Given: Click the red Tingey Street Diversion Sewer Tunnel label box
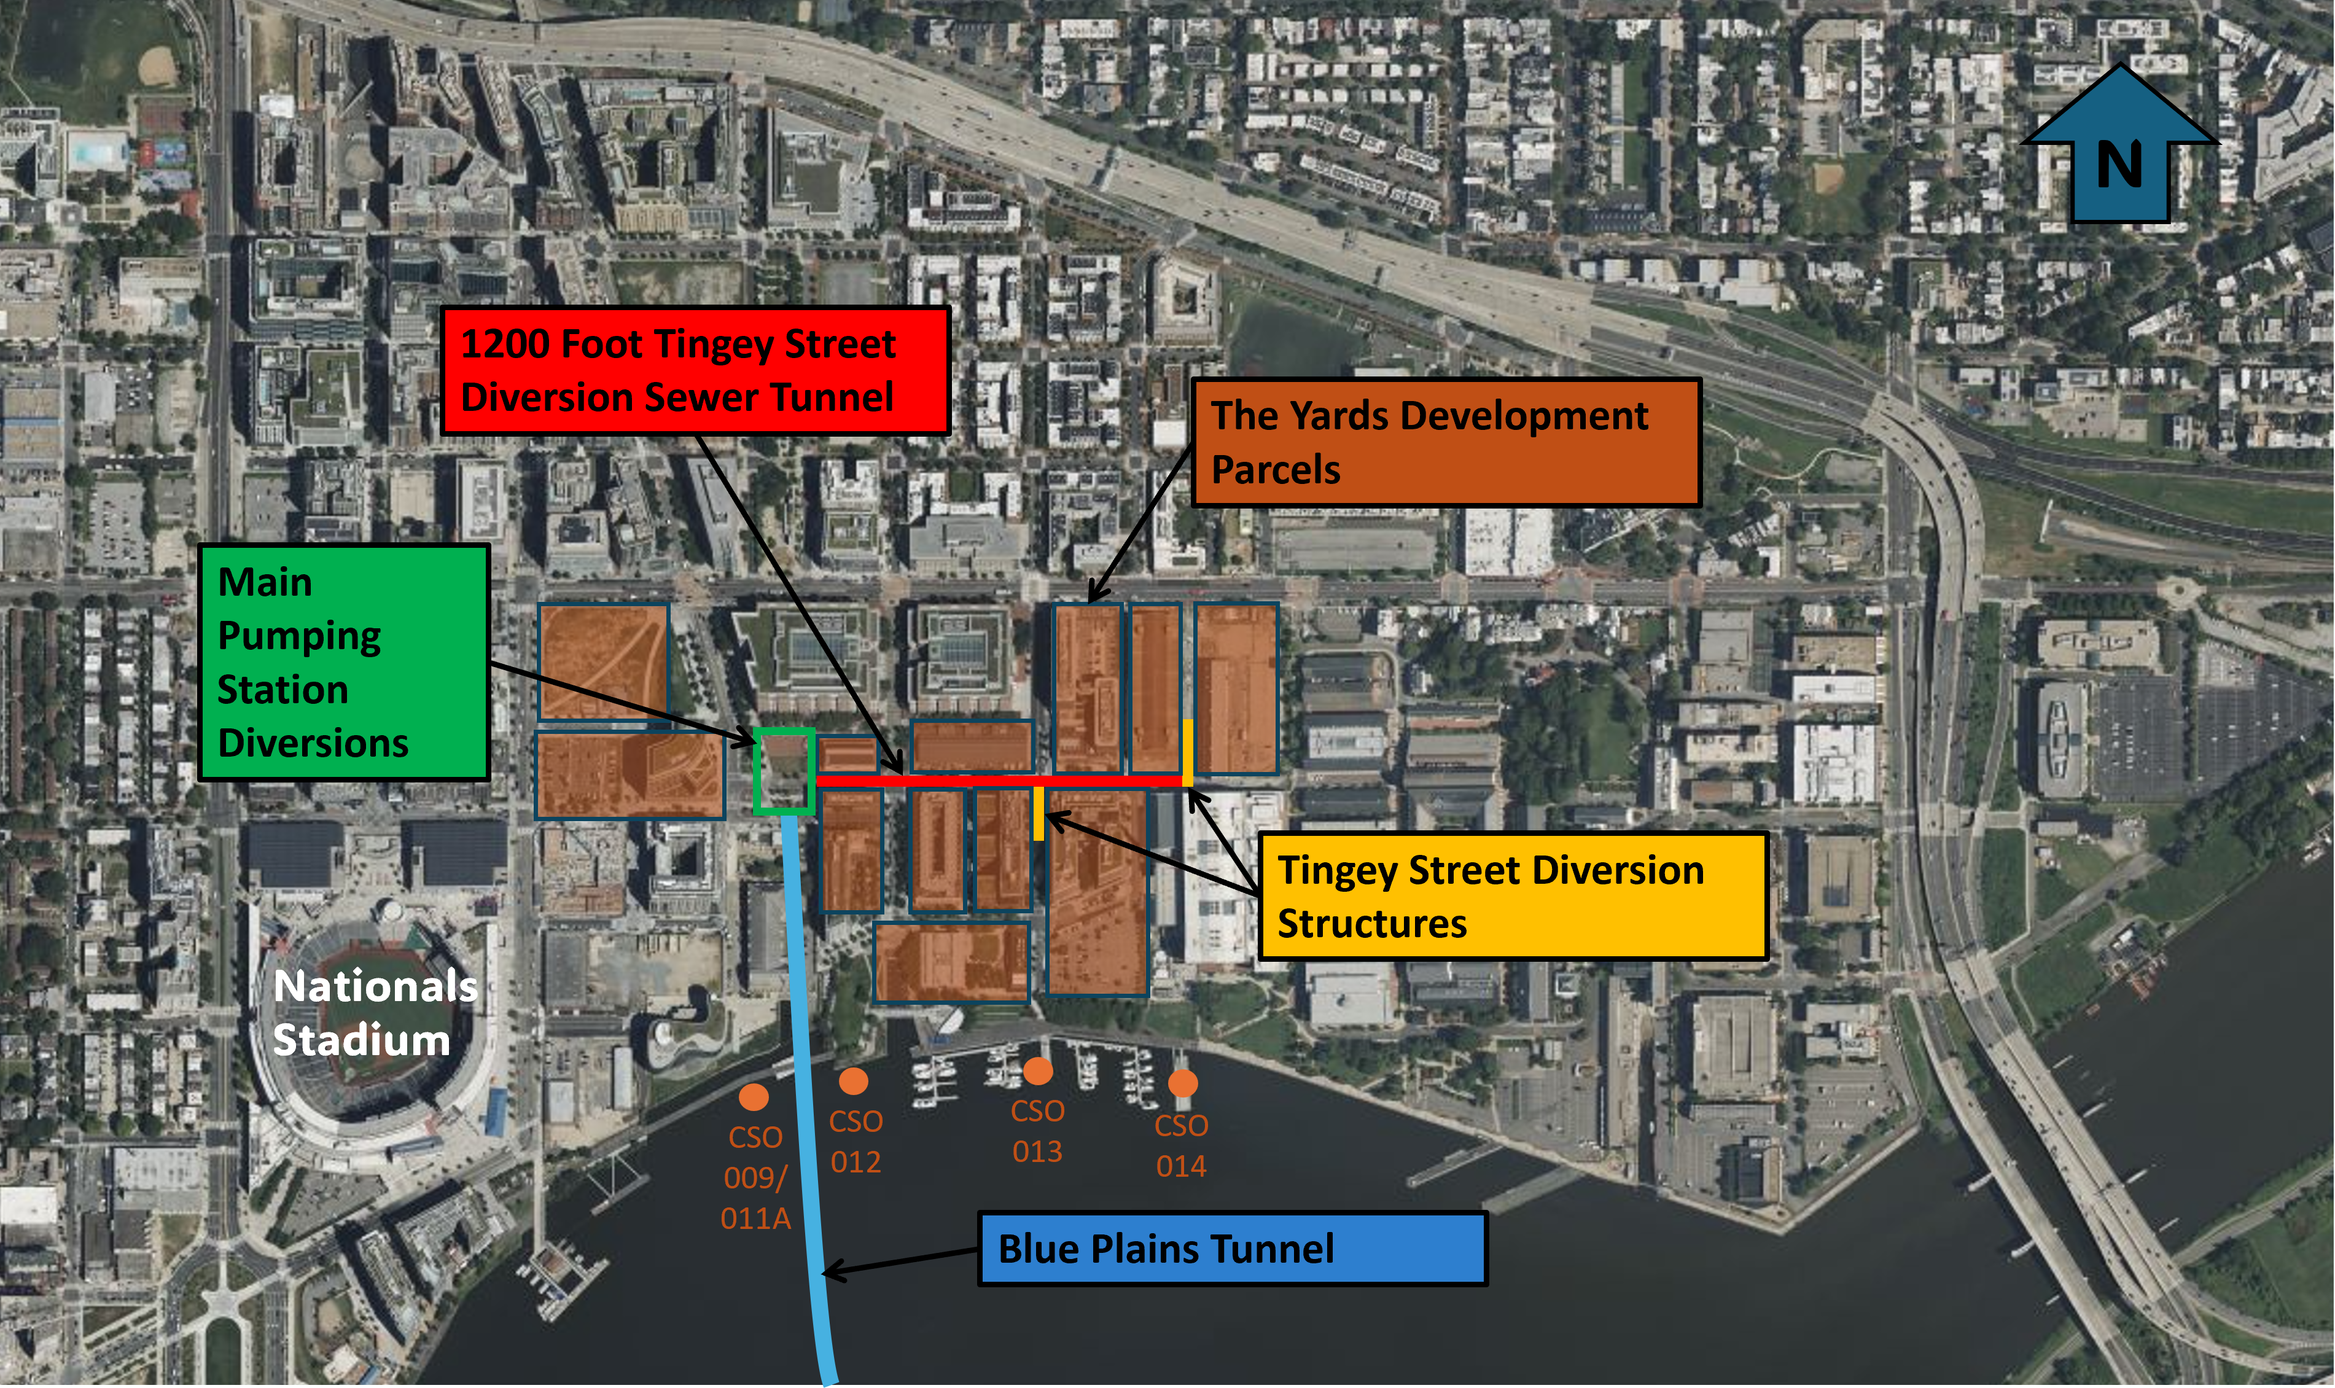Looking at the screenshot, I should pos(695,370).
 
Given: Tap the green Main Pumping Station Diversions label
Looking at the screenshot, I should pos(343,662).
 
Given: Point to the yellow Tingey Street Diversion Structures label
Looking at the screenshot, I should pos(1512,896).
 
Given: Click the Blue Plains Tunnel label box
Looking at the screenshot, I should pos(1231,1249).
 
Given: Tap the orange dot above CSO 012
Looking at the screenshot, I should pos(853,1081).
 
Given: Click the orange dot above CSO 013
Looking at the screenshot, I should pos(1037,1070).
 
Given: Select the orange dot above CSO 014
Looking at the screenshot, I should pos(1183,1083).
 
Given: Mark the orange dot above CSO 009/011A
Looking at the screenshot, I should pos(754,1096).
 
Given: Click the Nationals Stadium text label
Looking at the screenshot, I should pos(374,1013).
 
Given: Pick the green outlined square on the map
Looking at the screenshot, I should pos(784,771).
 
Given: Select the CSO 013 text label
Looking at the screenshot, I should pos(1037,1131).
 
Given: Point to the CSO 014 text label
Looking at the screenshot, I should pos(1181,1146).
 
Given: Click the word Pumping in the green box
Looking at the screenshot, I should pos(299,636).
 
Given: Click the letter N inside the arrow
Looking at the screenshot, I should pos(2119,166).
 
